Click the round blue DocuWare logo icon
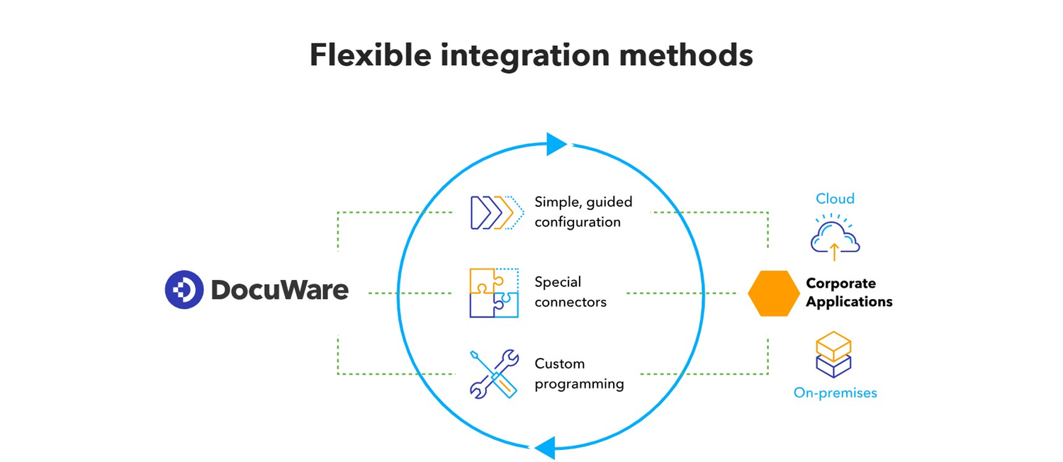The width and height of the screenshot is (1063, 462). [x=184, y=290]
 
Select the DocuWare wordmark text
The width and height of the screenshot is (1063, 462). [x=279, y=290]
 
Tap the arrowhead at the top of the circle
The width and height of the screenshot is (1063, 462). [x=556, y=144]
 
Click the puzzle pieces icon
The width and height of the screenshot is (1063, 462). [x=494, y=292]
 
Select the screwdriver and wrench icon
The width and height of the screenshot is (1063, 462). [x=494, y=373]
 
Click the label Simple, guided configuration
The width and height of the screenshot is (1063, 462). [x=583, y=212]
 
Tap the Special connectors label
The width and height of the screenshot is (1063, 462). [x=570, y=292]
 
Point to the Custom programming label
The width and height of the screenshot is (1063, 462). [x=579, y=373]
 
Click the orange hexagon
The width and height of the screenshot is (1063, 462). [x=773, y=293]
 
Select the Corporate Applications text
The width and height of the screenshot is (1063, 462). [x=848, y=292]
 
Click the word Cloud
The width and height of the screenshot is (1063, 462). [x=835, y=198]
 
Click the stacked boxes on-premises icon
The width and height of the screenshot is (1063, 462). [x=833, y=354]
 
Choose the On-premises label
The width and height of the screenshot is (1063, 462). [x=835, y=393]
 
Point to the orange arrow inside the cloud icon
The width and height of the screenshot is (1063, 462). [x=834, y=250]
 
